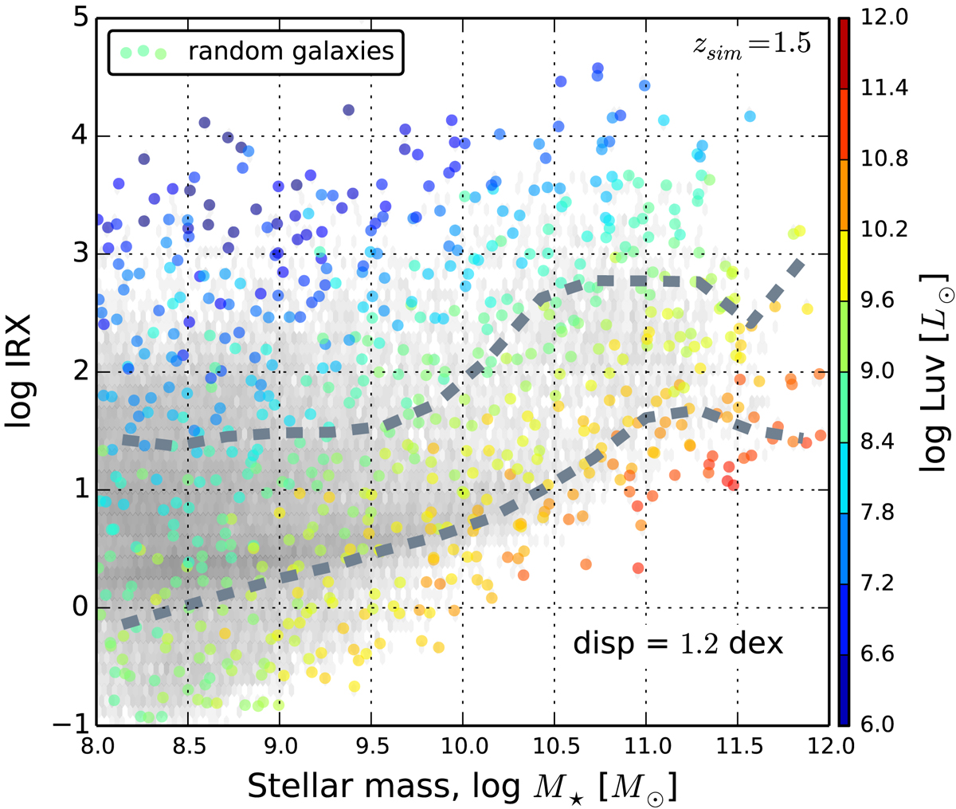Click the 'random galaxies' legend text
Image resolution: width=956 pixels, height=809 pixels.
pos(291,52)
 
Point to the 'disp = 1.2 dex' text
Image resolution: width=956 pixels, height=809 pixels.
pos(678,643)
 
